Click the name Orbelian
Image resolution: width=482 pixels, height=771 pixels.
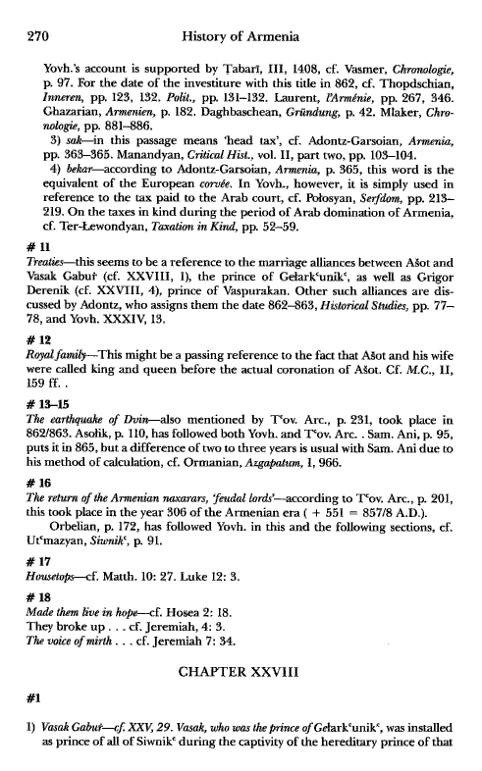pyautogui.click(x=80, y=534)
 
